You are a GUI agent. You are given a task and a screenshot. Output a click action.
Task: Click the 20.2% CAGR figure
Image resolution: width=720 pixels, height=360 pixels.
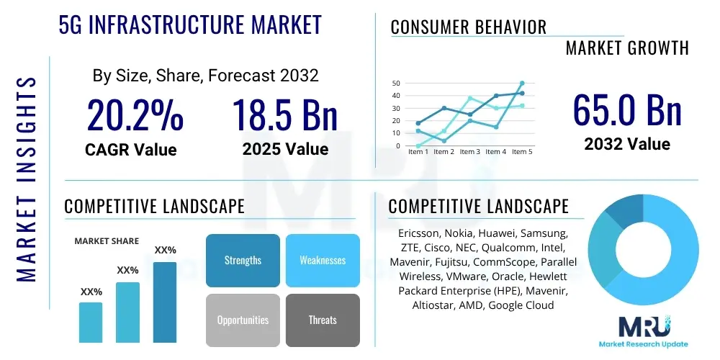(135, 114)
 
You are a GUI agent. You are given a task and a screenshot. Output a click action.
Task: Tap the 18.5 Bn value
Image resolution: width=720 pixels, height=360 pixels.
(285, 114)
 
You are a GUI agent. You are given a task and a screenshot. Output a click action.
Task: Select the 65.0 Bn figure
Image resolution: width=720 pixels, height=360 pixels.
(627, 110)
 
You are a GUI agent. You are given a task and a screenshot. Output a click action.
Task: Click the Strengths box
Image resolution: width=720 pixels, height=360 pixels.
(243, 260)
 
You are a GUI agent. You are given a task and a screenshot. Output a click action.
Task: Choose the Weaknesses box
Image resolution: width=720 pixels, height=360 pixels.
(323, 260)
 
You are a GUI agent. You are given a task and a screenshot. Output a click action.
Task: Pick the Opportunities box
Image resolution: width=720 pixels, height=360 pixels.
(243, 320)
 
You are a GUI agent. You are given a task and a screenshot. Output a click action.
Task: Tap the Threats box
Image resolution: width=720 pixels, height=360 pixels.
(323, 320)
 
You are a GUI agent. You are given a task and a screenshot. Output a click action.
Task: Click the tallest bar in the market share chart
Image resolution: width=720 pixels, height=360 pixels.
(165, 302)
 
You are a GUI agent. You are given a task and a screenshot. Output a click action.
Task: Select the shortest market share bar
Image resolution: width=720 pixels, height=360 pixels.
(91, 322)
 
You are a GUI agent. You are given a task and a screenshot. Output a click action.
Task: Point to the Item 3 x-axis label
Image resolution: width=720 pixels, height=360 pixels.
(469, 152)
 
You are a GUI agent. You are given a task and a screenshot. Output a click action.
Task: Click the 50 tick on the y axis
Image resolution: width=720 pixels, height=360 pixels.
(396, 84)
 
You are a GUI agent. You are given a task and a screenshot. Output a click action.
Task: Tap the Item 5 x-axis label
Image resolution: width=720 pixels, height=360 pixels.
(521, 152)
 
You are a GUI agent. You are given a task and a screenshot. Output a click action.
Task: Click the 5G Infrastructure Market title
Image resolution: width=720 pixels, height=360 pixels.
(190, 24)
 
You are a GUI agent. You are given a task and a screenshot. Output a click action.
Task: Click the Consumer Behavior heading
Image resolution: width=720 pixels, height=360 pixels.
(469, 27)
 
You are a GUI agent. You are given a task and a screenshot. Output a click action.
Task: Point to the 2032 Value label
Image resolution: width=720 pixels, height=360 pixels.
(627, 144)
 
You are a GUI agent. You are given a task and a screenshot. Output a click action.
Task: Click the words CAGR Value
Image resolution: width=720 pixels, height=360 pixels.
(130, 150)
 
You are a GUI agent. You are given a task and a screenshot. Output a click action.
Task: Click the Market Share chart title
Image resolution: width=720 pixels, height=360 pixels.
(107, 241)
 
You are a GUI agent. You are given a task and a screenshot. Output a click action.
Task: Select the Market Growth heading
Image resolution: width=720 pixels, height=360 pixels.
(627, 48)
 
